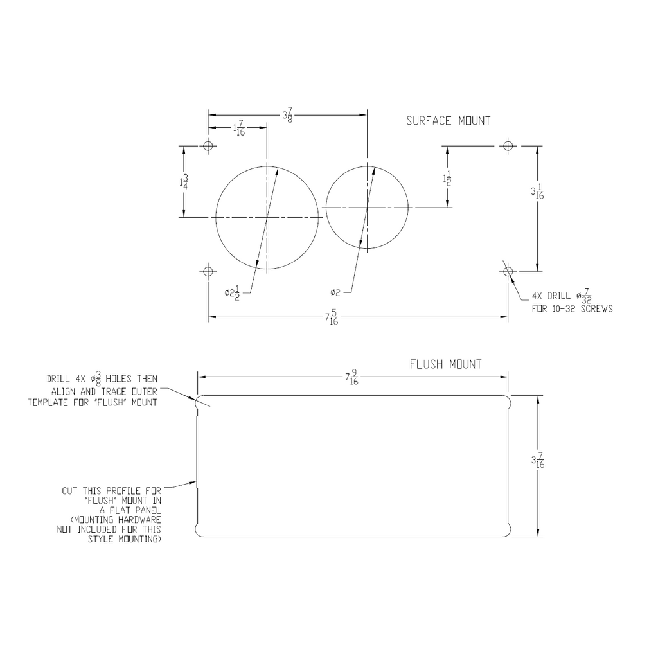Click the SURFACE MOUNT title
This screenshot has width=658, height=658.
coord(448,121)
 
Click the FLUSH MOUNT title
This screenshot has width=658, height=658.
coord(446,364)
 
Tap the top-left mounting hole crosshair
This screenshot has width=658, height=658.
coord(208,146)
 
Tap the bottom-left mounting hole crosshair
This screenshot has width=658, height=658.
coord(208,272)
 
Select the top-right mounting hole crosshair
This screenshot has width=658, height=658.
coord(508,146)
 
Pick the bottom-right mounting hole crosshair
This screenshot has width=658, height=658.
coord(508,272)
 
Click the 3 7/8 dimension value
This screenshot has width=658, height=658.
coord(287,115)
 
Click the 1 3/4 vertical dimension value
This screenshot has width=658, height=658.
coord(183,182)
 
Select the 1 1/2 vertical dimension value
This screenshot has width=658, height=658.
coord(447,179)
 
